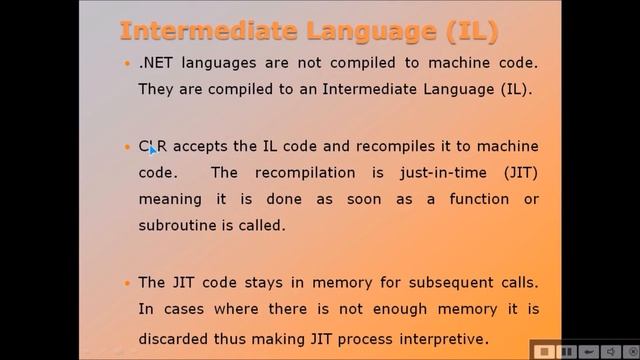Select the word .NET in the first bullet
coord(156,63)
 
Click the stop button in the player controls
coord(543,351)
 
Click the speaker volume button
coord(608,351)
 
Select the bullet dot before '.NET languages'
coord(126,64)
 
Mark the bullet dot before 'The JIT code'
coord(126,283)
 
